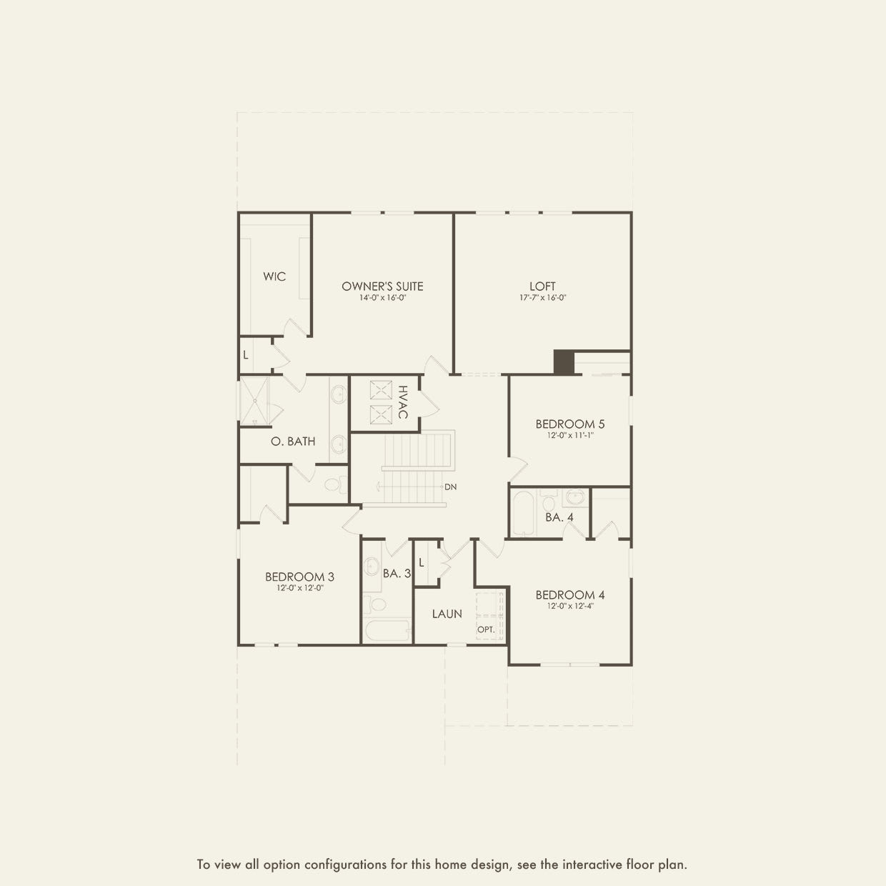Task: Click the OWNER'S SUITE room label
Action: point(382,286)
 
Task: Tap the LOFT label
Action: point(542,286)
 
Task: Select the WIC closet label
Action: point(274,277)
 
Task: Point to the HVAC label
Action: point(403,402)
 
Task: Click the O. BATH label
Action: point(293,442)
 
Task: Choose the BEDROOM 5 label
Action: point(570,424)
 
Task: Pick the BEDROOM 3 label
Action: point(299,577)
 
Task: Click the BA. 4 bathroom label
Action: point(559,517)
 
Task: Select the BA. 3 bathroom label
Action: point(397,573)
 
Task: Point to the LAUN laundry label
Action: point(447,614)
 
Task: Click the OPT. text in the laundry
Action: point(486,629)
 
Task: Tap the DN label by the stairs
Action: point(450,487)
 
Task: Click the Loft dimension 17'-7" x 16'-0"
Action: point(542,298)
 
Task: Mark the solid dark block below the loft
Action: point(564,362)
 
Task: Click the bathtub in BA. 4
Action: point(524,513)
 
